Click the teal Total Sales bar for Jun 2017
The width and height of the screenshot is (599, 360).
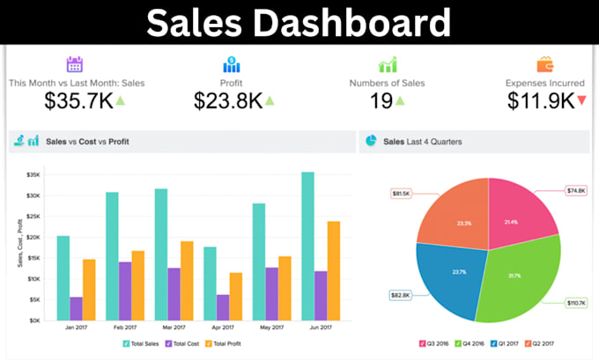click(307, 246)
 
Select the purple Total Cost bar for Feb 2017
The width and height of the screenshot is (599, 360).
click(125, 291)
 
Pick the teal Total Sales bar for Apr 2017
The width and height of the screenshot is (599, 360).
click(210, 283)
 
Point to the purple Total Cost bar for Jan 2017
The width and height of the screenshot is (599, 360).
click(76, 308)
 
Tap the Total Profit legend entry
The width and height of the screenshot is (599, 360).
click(226, 343)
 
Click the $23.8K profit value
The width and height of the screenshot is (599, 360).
click(228, 100)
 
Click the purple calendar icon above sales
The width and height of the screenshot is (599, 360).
click(75, 64)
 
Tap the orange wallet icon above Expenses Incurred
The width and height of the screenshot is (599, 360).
click(544, 64)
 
